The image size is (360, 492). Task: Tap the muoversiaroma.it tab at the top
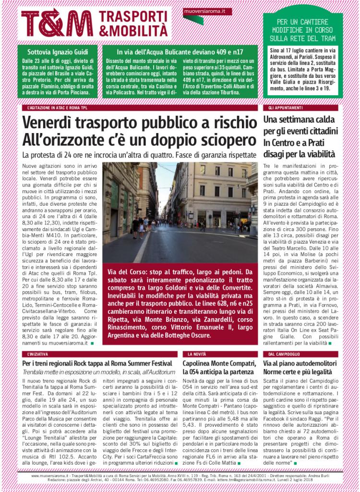tap(201, 11)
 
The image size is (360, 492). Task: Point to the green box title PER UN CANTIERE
tap(302, 22)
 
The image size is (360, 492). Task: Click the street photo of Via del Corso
tap(180, 211)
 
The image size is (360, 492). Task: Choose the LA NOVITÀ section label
tap(197, 354)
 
